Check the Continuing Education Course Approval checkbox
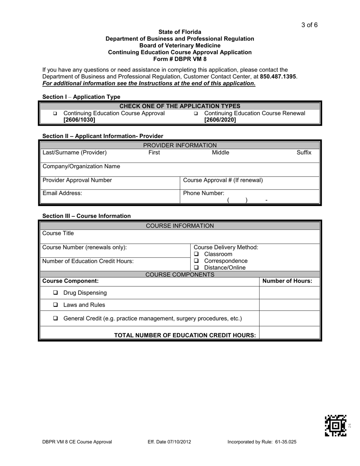[x=55, y=114]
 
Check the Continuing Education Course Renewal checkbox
[x=196, y=114]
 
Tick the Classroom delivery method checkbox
[x=196, y=254]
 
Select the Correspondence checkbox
[x=196, y=261]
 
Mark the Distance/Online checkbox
[x=196, y=268]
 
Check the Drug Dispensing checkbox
[x=55, y=293]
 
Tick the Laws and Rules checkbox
[x=55, y=305]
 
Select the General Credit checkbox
[x=55, y=319]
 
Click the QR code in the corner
[x=335, y=425]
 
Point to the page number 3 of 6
[x=309, y=25]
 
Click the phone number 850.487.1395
[x=278, y=77]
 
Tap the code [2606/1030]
[x=79, y=120]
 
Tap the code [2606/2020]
[x=220, y=120]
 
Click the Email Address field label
[x=62, y=193]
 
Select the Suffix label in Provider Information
[x=304, y=153]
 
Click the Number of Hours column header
[x=287, y=281]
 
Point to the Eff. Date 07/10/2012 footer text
[x=169, y=442]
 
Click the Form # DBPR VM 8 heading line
[x=180, y=59]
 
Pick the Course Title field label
[x=58, y=233]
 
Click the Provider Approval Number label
[x=77, y=180]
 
